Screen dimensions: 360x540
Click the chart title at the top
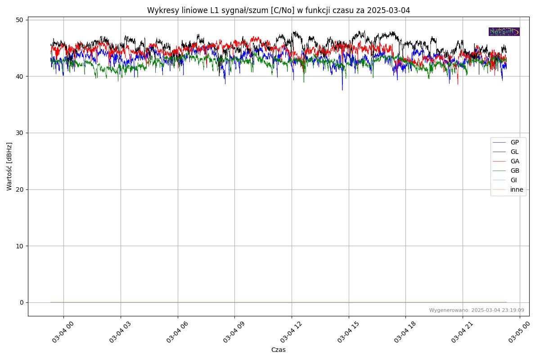(278, 10)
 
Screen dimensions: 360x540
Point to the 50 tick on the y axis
(20, 20)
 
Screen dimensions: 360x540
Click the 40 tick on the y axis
(20, 76)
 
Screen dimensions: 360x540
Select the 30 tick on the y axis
(20, 133)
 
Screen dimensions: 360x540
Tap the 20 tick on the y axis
(20, 189)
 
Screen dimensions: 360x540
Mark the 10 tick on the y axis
(20, 246)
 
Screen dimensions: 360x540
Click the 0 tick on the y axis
(22, 302)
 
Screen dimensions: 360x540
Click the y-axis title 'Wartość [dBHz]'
(9, 166)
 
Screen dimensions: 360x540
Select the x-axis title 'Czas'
(278, 350)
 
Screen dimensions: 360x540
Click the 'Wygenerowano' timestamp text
(476, 310)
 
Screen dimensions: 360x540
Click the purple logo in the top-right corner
(504, 31)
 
